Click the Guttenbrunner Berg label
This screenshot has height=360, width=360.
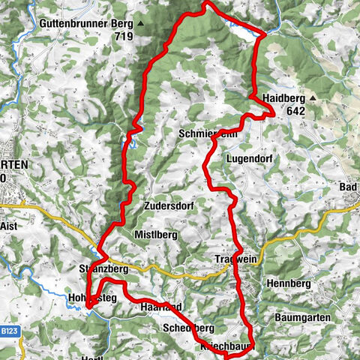tap(86, 23)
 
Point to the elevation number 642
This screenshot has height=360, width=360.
tap(295, 110)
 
